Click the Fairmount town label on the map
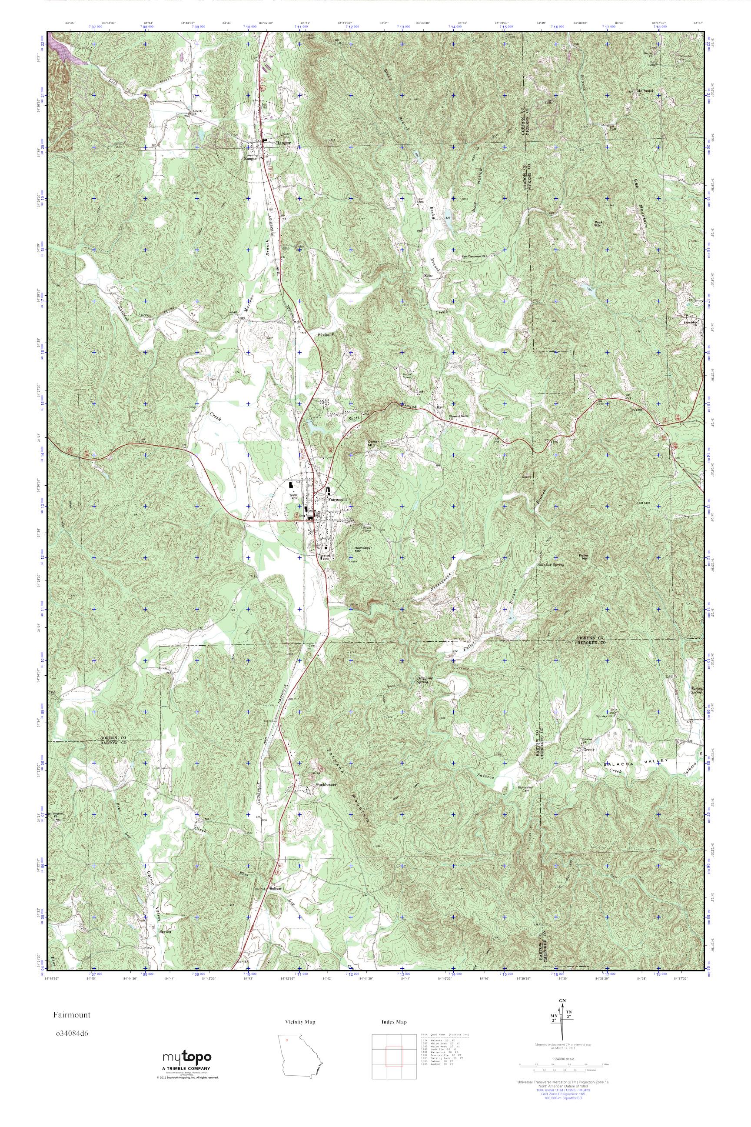337,499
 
